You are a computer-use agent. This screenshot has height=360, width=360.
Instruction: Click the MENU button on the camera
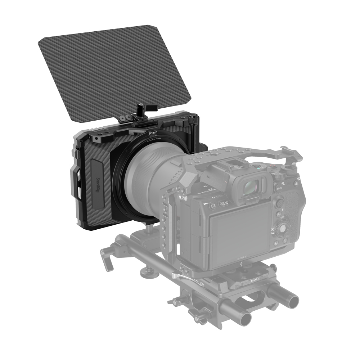224,203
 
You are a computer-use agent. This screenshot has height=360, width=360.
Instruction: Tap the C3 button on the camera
213,206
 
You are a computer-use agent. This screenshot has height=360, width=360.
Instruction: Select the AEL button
296,184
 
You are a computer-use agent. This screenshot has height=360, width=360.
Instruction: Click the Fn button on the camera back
279,215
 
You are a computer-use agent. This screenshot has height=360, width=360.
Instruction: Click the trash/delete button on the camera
285,240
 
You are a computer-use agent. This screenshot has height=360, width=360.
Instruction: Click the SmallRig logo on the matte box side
98,184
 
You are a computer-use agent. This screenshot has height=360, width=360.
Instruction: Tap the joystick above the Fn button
279,203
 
